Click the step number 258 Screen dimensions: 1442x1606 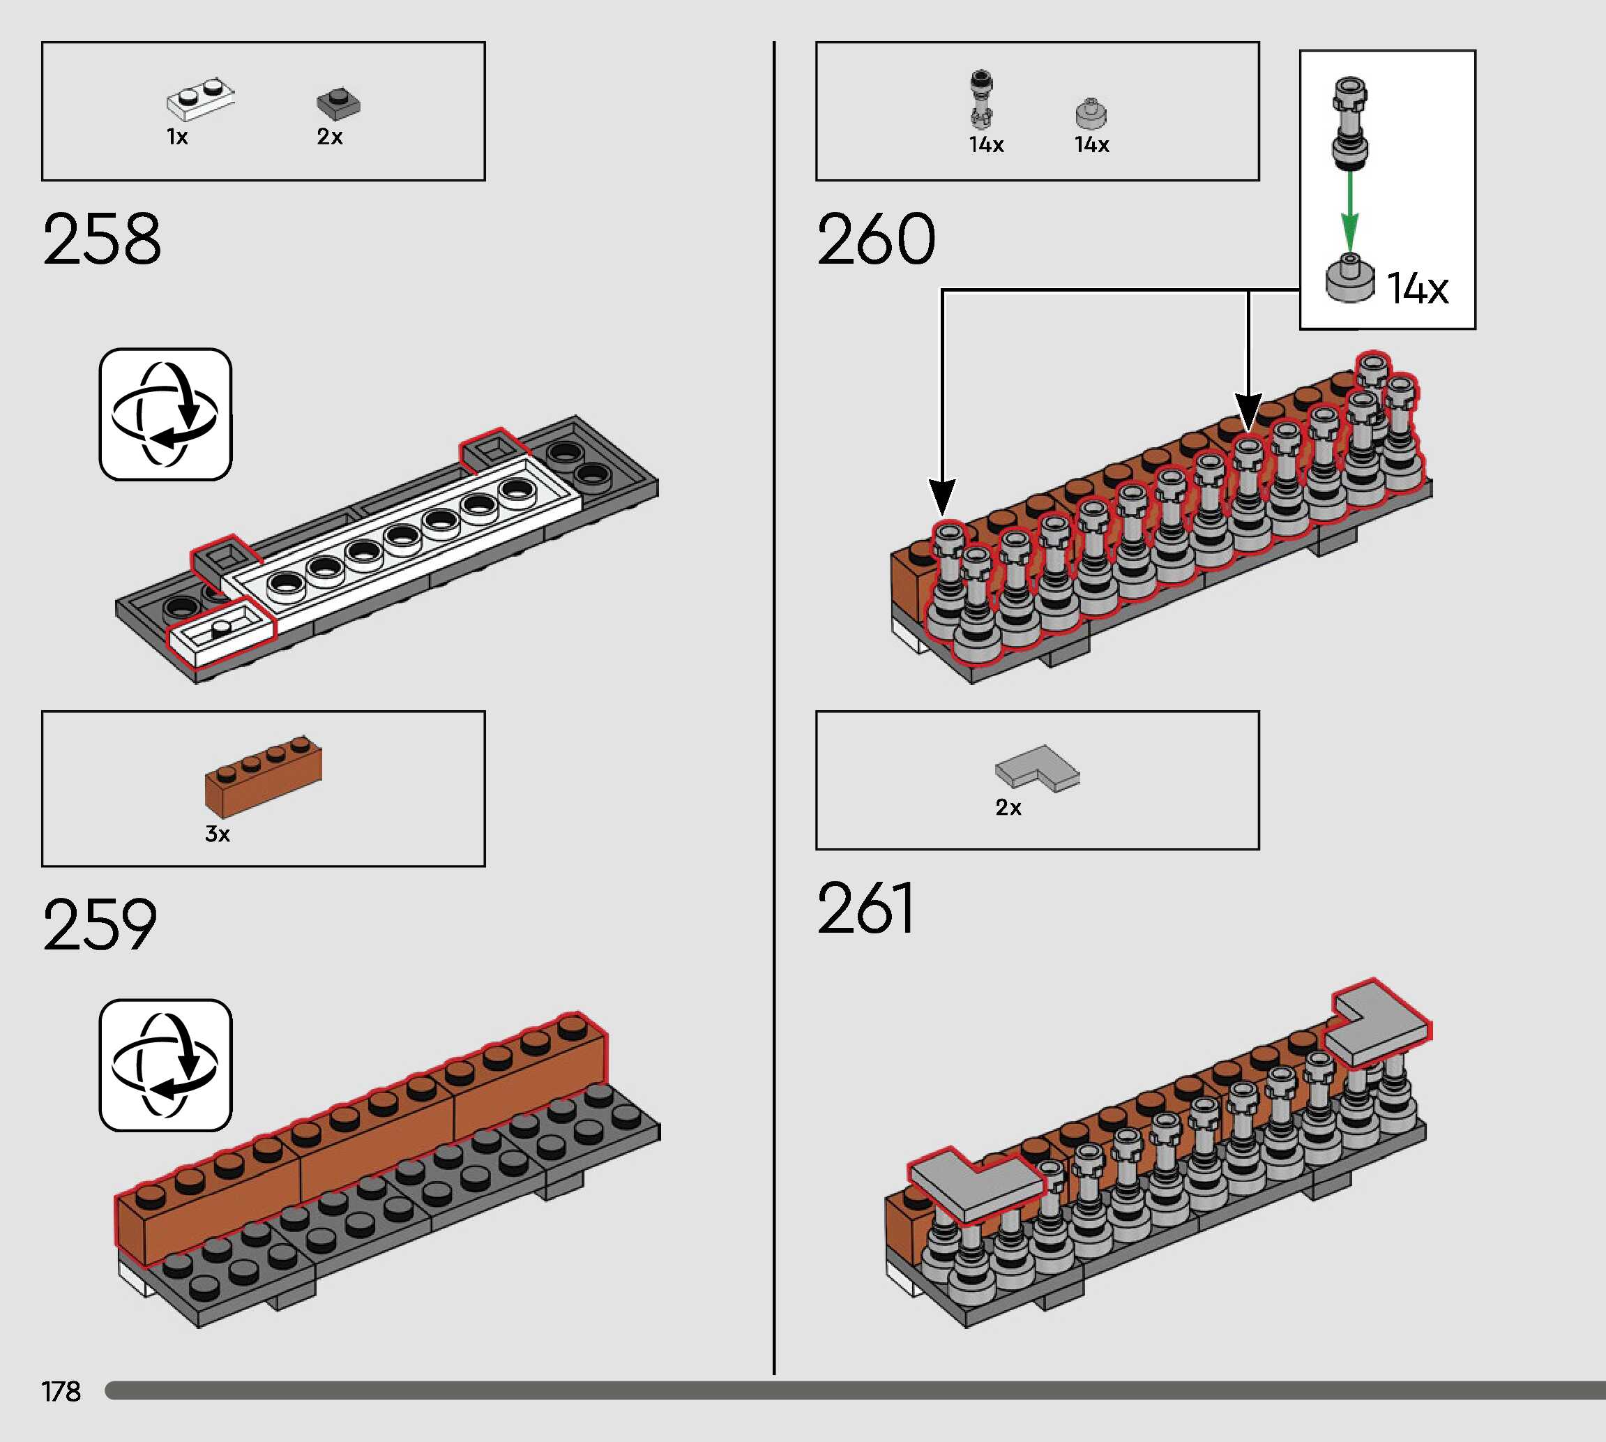(102, 239)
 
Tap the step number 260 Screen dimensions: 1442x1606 (876, 239)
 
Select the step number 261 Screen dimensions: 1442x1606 (866, 909)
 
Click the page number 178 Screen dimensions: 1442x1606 (61, 1391)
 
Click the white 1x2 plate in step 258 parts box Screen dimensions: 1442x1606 (200, 99)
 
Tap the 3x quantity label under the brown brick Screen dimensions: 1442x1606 (217, 834)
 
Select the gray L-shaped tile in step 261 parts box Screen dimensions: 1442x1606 (1038, 767)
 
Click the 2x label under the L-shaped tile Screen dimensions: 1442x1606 (1008, 807)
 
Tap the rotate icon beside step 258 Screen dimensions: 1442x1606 (165, 414)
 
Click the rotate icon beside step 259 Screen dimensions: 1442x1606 (165, 1065)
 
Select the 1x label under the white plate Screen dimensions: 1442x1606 (176, 137)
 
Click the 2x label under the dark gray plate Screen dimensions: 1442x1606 (329, 137)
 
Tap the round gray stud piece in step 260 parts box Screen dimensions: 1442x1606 (1091, 114)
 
